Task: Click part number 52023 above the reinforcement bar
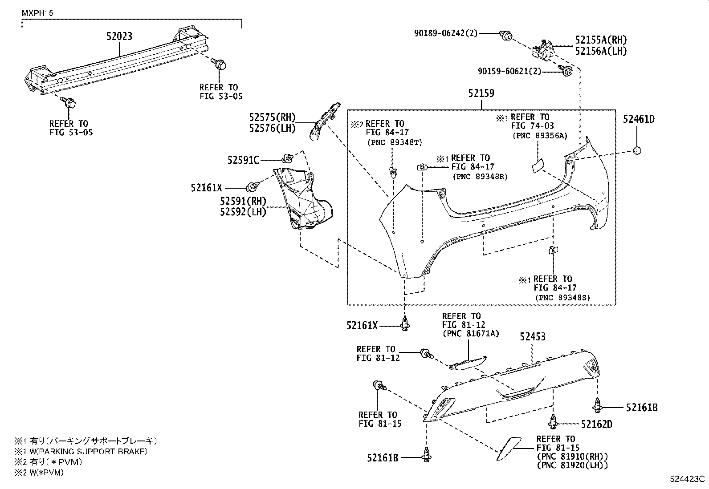pyautogui.click(x=119, y=36)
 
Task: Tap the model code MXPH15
pyautogui.click(x=37, y=13)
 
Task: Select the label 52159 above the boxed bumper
pyautogui.click(x=481, y=93)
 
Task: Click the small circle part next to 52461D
pyautogui.click(x=637, y=151)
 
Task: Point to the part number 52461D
pyautogui.click(x=638, y=119)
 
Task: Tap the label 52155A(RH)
pyautogui.click(x=600, y=40)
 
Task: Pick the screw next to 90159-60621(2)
pyautogui.click(x=566, y=71)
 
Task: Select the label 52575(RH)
pyautogui.click(x=272, y=117)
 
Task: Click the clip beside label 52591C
pyautogui.click(x=287, y=157)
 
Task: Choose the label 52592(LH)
pyautogui.click(x=242, y=212)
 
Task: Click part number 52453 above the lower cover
pyautogui.click(x=532, y=337)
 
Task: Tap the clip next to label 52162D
pyautogui.click(x=553, y=421)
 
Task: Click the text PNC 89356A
pyautogui.click(x=540, y=136)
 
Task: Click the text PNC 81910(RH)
pyautogui.click(x=572, y=457)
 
